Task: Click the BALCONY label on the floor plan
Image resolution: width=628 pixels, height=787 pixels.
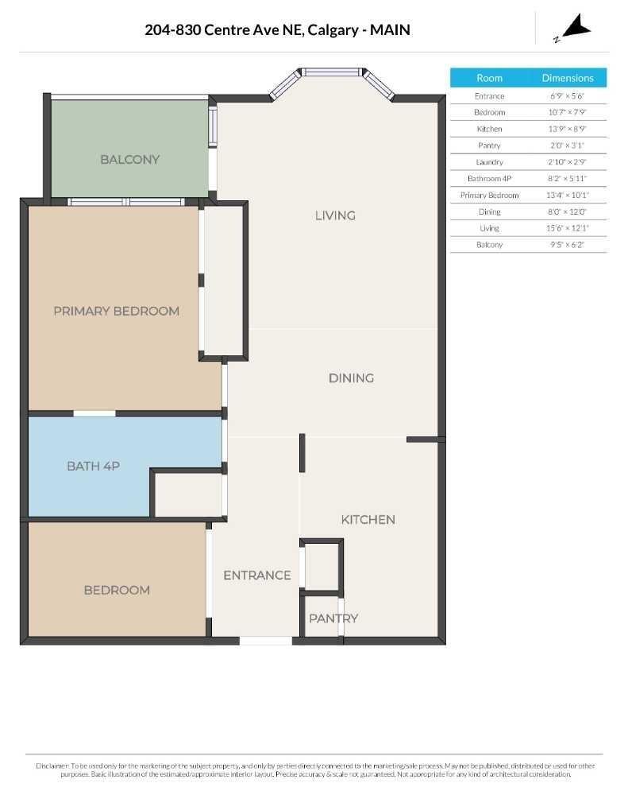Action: (129, 159)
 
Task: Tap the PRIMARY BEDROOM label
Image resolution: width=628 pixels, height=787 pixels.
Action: (116, 311)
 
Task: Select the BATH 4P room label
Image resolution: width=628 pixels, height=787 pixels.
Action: (93, 466)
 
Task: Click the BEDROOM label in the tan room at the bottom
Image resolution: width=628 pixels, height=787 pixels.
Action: (117, 590)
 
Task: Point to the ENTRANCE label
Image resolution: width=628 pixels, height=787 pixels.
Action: (256, 575)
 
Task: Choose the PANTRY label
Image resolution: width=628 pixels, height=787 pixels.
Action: (333, 618)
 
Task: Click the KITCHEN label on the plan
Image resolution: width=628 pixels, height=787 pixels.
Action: (368, 519)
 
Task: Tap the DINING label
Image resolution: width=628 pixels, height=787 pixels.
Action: (351, 378)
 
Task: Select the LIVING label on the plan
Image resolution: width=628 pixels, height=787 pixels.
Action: (334, 215)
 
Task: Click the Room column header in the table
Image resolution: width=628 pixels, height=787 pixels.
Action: (489, 78)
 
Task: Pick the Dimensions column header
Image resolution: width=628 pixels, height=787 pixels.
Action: (568, 78)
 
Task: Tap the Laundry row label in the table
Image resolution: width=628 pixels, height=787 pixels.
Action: (489, 162)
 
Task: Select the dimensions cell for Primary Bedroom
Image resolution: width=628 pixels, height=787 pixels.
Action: (568, 195)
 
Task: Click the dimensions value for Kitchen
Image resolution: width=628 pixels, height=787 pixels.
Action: (568, 129)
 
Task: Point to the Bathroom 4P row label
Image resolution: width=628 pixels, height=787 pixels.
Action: (489, 178)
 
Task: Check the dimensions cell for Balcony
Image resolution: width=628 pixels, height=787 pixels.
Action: (568, 245)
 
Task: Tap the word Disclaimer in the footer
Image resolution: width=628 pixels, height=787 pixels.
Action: (52, 766)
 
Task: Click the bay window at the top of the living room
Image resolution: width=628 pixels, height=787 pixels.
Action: (332, 72)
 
